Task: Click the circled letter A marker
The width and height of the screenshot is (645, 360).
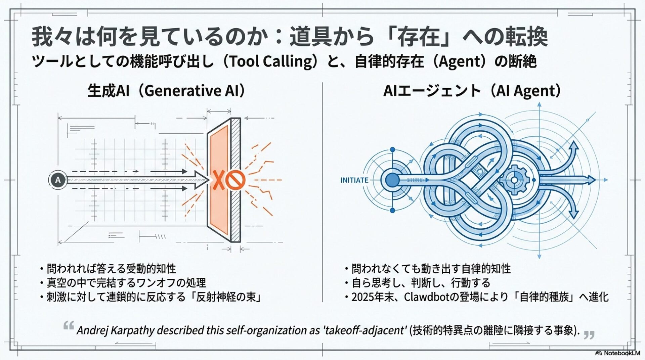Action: click(x=58, y=180)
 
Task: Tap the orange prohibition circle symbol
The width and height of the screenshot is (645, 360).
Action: click(x=235, y=180)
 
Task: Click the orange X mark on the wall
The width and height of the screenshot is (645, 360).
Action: click(x=218, y=180)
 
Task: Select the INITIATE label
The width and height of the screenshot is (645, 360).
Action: click(x=354, y=180)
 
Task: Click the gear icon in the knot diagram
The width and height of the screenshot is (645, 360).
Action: click(x=514, y=180)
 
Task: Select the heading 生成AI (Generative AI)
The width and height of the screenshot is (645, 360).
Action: click(x=166, y=91)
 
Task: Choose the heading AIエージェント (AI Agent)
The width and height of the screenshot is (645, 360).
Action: click(x=472, y=91)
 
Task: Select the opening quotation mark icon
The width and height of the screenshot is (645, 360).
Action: click(x=69, y=325)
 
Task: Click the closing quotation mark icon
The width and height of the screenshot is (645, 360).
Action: click(x=589, y=335)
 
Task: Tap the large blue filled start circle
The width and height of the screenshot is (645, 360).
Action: click(x=392, y=180)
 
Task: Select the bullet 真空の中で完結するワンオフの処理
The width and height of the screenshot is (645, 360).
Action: click(x=126, y=283)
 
